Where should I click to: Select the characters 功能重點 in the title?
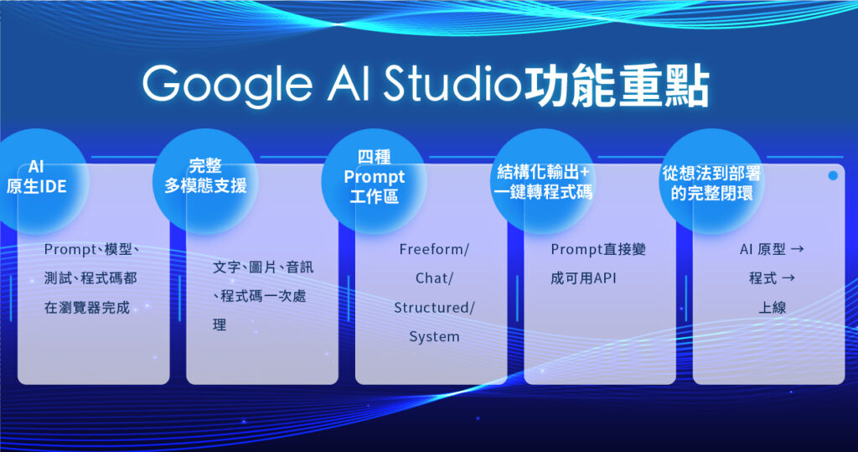point(616,84)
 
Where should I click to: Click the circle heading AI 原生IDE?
point(36,176)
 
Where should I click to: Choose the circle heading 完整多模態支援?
point(205,176)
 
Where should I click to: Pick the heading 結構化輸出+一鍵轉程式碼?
point(543,182)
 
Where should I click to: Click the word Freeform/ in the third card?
point(434,250)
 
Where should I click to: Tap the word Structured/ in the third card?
point(434,308)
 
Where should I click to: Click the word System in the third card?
point(434,337)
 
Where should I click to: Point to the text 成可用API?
point(583,278)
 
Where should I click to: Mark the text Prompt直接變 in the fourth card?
point(598,250)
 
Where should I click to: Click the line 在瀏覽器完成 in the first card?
point(87,308)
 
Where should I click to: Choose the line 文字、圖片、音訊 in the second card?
point(263,268)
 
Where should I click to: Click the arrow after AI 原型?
point(797,250)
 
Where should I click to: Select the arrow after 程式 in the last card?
point(788,278)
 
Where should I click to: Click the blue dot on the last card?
point(833,176)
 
